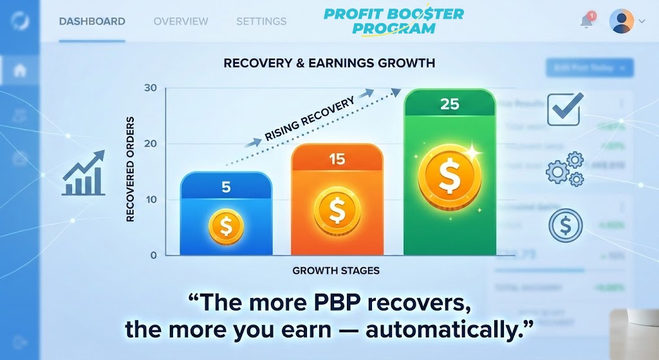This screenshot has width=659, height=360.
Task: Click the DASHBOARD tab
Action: (x=92, y=21)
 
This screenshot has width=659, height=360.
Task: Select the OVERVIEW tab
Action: (x=181, y=21)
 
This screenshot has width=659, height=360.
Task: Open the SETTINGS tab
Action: (x=261, y=21)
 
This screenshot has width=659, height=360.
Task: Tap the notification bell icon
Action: (x=586, y=21)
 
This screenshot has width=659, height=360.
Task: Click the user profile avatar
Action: (x=621, y=21)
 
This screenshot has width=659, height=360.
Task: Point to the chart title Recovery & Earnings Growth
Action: (x=329, y=63)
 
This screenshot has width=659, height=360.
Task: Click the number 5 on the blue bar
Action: (x=226, y=187)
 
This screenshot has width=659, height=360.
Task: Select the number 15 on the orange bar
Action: (x=337, y=158)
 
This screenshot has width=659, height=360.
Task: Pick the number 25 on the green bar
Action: (x=449, y=104)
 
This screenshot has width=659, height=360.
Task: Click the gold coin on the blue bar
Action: (x=226, y=226)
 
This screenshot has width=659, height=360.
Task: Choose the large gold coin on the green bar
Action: (x=449, y=173)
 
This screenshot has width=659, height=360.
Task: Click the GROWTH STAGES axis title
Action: (x=335, y=270)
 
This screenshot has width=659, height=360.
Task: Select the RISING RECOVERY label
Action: (x=310, y=120)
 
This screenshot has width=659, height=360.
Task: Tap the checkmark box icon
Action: (x=564, y=109)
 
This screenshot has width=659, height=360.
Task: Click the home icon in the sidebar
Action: (x=20, y=70)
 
